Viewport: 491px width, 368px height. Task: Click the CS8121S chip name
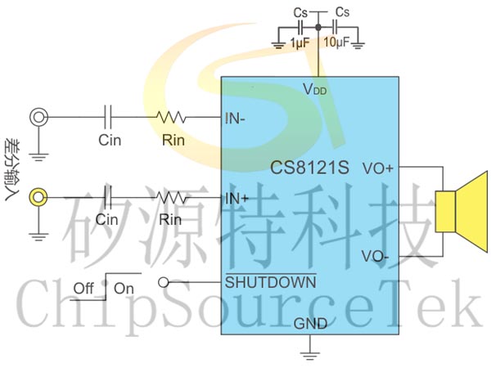pyautogui.click(x=309, y=168)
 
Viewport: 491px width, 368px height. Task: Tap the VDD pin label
pyautogui.click(x=315, y=89)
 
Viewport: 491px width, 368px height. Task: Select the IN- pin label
pyautogui.click(x=235, y=119)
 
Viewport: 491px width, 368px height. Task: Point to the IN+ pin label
pyautogui.click(x=237, y=199)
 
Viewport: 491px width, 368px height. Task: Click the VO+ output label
pyautogui.click(x=377, y=168)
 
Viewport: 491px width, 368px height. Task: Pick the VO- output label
pyautogui.click(x=375, y=256)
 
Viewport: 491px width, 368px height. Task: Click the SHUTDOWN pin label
pyautogui.click(x=271, y=282)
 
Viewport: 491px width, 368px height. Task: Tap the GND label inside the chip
pyautogui.click(x=310, y=324)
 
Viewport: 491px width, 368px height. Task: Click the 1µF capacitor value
pyautogui.click(x=300, y=43)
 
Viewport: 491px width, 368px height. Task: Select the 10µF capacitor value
pyautogui.click(x=336, y=42)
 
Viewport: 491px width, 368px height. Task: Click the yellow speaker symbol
pyautogui.click(x=462, y=212)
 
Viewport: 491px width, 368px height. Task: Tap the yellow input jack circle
pyautogui.click(x=38, y=197)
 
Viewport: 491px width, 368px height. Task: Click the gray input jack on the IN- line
pyautogui.click(x=38, y=117)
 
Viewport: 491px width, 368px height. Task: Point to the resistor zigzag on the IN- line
pyautogui.click(x=171, y=117)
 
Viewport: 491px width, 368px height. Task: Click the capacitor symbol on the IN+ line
pyautogui.click(x=108, y=197)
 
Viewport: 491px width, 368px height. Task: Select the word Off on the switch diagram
pyautogui.click(x=83, y=288)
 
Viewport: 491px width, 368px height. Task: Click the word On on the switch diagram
pyautogui.click(x=124, y=289)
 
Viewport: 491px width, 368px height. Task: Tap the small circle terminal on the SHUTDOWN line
pyautogui.click(x=164, y=283)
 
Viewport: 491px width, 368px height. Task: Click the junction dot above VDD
pyautogui.click(x=318, y=28)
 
